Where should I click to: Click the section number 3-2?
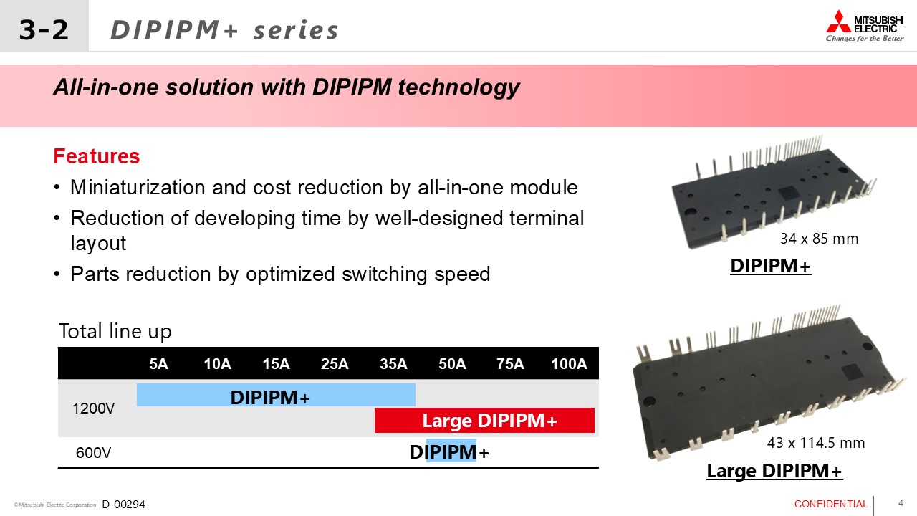[44, 29]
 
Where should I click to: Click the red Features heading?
[97, 156]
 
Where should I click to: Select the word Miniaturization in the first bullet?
[137, 188]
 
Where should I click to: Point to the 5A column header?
[158, 363]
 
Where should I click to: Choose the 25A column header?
[335, 363]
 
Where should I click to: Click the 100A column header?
[569, 363]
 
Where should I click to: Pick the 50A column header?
[452, 363]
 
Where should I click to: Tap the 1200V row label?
[93, 408]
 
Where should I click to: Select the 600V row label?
[93, 452]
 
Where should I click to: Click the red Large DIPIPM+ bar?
[484, 420]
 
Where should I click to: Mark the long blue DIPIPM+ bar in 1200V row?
[276, 395]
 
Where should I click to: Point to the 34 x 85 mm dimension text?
[819, 239]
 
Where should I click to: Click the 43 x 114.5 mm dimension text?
[816, 443]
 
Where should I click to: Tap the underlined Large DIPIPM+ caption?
[774, 471]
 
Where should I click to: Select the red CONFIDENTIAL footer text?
[831, 504]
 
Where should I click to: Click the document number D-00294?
[124, 504]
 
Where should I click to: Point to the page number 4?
[901, 503]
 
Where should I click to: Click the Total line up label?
[115, 331]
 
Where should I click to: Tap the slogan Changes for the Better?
[865, 39]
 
